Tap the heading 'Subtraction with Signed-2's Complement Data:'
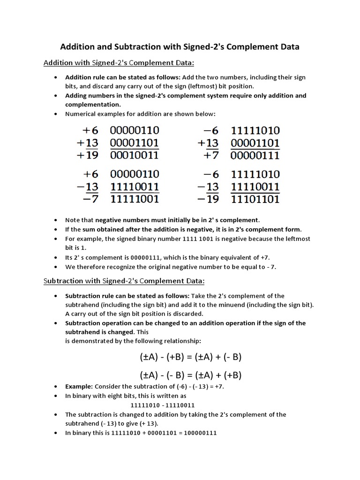124,281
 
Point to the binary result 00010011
135,155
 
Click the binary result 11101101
255,199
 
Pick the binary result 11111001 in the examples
135,199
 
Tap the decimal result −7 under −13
88,199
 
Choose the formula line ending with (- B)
190,357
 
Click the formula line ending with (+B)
190,375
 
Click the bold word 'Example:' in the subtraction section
79,387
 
